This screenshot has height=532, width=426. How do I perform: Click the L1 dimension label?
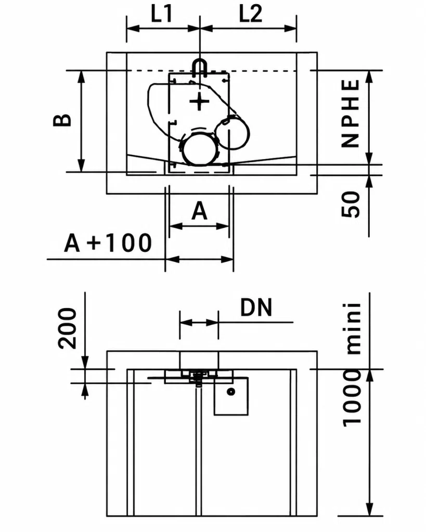pyautogui.click(x=162, y=14)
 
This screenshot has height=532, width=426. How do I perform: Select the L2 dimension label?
pyautogui.click(x=251, y=14)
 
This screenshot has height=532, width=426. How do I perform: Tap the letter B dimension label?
pyautogui.click(x=62, y=121)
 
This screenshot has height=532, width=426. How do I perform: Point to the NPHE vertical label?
pyautogui.click(x=350, y=113)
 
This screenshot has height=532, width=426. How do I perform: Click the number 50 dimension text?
pyautogui.click(x=350, y=204)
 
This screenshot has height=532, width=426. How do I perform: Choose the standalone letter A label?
pyautogui.click(x=199, y=211)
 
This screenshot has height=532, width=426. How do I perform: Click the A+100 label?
pyautogui.click(x=108, y=243)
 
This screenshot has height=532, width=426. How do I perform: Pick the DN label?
pyautogui.click(x=256, y=308)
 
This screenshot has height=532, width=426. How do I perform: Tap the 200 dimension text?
pyautogui.click(x=67, y=328)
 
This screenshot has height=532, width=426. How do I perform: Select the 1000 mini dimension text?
pyautogui.click(x=352, y=365)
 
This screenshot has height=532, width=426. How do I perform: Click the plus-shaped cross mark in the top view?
pyautogui.click(x=199, y=101)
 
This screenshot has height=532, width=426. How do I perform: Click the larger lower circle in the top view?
pyautogui.click(x=199, y=150)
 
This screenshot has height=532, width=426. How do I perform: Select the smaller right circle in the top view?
pyautogui.click(x=233, y=133)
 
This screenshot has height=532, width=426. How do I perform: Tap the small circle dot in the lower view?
pyautogui.click(x=231, y=392)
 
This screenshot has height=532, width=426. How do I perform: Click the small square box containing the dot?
pyautogui.click(x=231, y=396)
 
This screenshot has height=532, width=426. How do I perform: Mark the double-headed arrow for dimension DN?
pyautogui.click(x=199, y=322)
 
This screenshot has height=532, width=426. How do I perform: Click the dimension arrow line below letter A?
pyautogui.click(x=199, y=226)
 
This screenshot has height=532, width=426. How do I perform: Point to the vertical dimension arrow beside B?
pyautogui.click(x=81, y=121)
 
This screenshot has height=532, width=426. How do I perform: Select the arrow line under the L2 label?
pyautogui.click(x=248, y=28)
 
